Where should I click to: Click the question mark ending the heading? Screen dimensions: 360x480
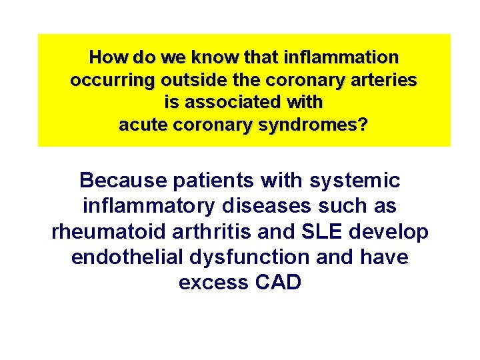point(362,125)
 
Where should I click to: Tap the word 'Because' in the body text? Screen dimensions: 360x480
point(121,180)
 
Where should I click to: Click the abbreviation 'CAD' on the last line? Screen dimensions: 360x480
point(277,283)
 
